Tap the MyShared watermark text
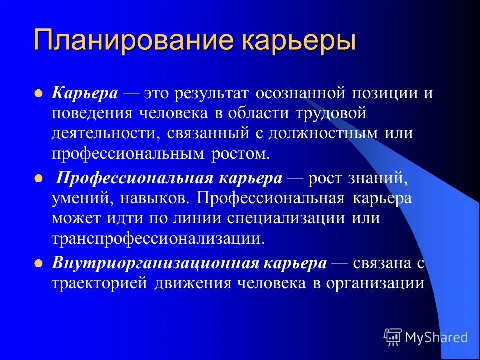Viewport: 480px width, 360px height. pyautogui.click(x=436, y=337)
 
